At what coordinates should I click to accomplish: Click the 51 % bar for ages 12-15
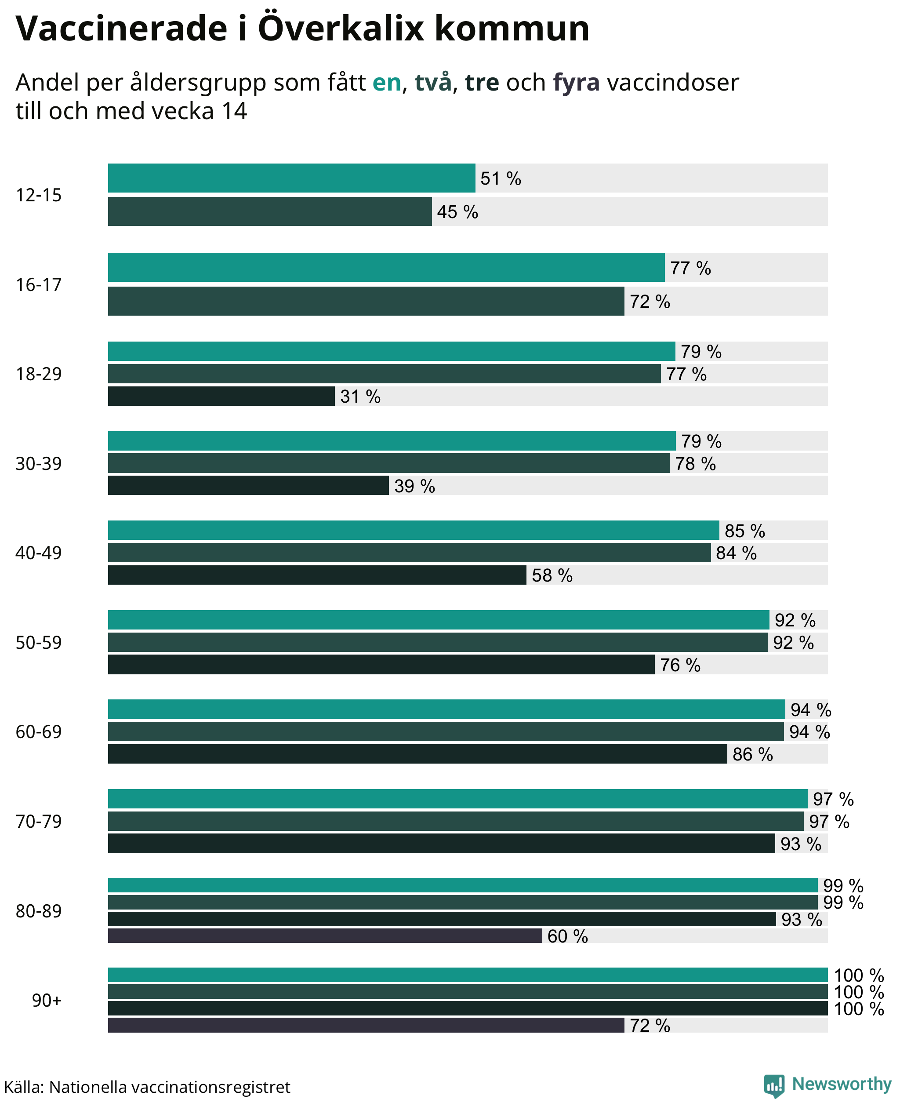(x=291, y=178)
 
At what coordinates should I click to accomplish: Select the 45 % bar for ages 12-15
(x=269, y=211)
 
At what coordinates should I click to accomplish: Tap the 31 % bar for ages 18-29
(x=221, y=396)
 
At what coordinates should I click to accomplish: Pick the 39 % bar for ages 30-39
(x=248, y=485)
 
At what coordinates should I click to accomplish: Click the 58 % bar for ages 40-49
(x=317, y=575)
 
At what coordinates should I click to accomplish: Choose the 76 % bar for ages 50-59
(x=381, y=664)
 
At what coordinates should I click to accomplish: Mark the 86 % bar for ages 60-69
(x=417, y=753)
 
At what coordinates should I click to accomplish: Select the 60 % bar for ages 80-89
(x=325, y=935)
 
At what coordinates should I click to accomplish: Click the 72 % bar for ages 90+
(x=366, y=1025)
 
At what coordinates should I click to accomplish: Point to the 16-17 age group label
(x=38, y=284)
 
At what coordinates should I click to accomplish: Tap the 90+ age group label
(x=47, y=1000)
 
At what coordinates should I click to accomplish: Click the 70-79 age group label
(x=38, y=821)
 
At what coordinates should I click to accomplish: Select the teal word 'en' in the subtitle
(x=387, y=83)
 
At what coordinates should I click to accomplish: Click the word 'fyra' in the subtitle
(x=576, y=83)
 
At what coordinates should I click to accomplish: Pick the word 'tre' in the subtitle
(x=482, y=83)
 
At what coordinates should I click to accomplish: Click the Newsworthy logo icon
(x=774, y=1085)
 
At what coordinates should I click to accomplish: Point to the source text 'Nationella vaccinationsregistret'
(x=170, y=1087)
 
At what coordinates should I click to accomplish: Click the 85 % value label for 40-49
(x=744, y=531)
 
